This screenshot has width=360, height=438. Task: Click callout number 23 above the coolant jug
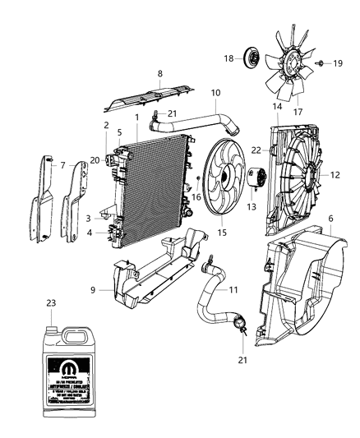52,302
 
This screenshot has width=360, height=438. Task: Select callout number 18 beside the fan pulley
229,58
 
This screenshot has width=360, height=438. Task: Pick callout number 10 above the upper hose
216,93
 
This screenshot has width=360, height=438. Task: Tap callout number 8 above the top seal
159,73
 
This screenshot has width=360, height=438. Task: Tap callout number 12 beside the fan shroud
334,174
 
